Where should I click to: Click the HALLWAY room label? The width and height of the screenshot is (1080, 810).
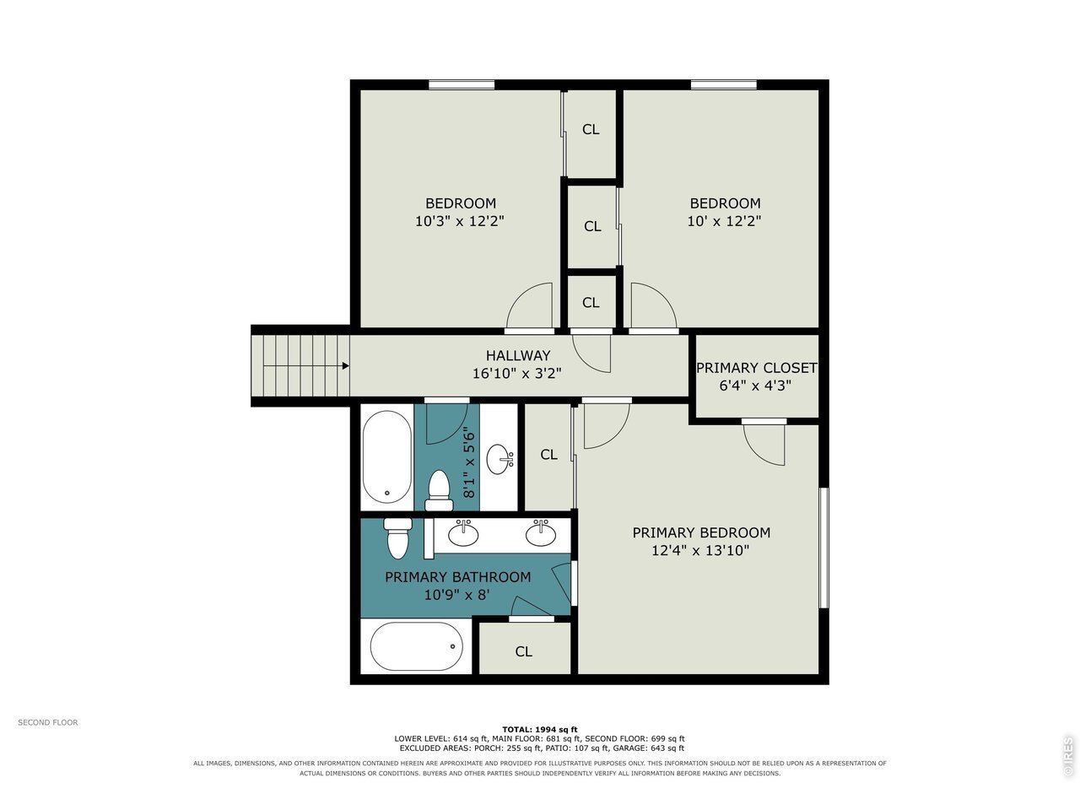[x=517, y=355]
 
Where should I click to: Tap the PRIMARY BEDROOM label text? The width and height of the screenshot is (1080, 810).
[x=701, y=532]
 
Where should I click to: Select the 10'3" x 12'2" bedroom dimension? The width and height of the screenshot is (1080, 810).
[x=460, y=221]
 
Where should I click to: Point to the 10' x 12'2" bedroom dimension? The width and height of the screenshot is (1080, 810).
[x=724, y=221]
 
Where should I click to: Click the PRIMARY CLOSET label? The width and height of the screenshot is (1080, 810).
[x=756, y=368]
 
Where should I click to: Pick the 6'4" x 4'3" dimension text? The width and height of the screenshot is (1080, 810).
[x=755, y=386]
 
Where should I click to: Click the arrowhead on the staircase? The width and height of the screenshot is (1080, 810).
[x=346, y=366]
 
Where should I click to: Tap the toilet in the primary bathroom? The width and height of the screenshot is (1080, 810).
[x=397, y=538]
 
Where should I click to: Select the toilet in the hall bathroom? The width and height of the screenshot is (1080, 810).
[x=439, y=491]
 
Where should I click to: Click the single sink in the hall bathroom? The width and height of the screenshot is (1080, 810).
[x=499, y=459]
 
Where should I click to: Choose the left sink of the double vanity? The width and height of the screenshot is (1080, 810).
[x=462, y=533]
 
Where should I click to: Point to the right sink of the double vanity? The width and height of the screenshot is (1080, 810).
[x=541, y=533]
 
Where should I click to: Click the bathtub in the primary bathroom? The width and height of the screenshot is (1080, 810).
[x=416, y=646]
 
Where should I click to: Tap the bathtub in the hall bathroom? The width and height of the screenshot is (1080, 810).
[x=387, y=456]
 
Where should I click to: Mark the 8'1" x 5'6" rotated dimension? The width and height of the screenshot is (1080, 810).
[x=469, y=465]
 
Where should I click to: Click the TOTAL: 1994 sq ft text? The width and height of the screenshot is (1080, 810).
[x=540, y=729]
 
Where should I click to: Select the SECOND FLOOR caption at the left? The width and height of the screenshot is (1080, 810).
[x=48, y=722]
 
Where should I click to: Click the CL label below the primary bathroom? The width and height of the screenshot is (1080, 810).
[x=523, y=651]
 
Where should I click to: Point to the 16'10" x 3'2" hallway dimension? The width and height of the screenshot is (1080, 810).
[x=516, y=374]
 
